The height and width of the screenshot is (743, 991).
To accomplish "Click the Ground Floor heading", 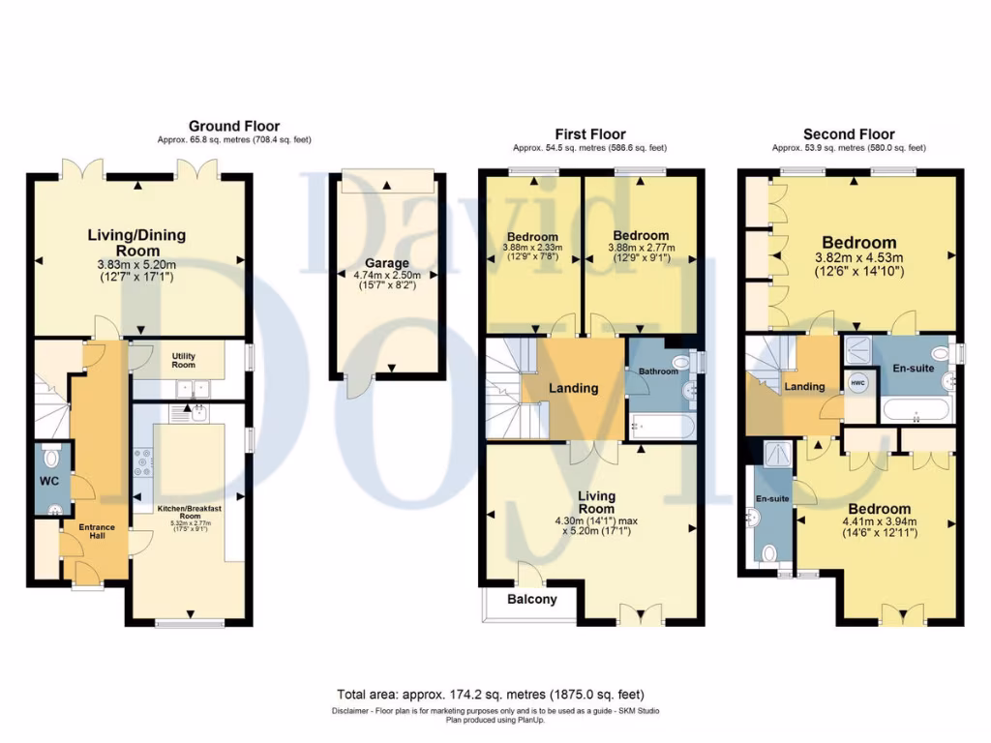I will point(233,126).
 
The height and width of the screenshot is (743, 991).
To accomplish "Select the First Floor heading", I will point(589,134).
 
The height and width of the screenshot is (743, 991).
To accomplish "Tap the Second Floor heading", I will point(848,134).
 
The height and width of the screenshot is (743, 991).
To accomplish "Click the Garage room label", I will point(386,262).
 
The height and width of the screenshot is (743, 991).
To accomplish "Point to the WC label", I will point(50,480).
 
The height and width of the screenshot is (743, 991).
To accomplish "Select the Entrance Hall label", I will point(97,532).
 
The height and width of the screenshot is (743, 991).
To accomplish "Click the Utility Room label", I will point(183,360).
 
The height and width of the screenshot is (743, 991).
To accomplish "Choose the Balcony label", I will point(532,600).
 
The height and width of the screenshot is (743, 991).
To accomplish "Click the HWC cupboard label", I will point(857,383).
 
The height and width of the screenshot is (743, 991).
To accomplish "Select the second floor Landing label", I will point(804,387).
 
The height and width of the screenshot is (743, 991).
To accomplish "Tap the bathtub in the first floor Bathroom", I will point(660,426).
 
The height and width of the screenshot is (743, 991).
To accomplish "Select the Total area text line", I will point(490,695).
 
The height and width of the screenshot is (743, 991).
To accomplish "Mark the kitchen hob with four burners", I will point(143,462).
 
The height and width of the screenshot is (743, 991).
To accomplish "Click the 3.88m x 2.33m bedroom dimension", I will point(531,250).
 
